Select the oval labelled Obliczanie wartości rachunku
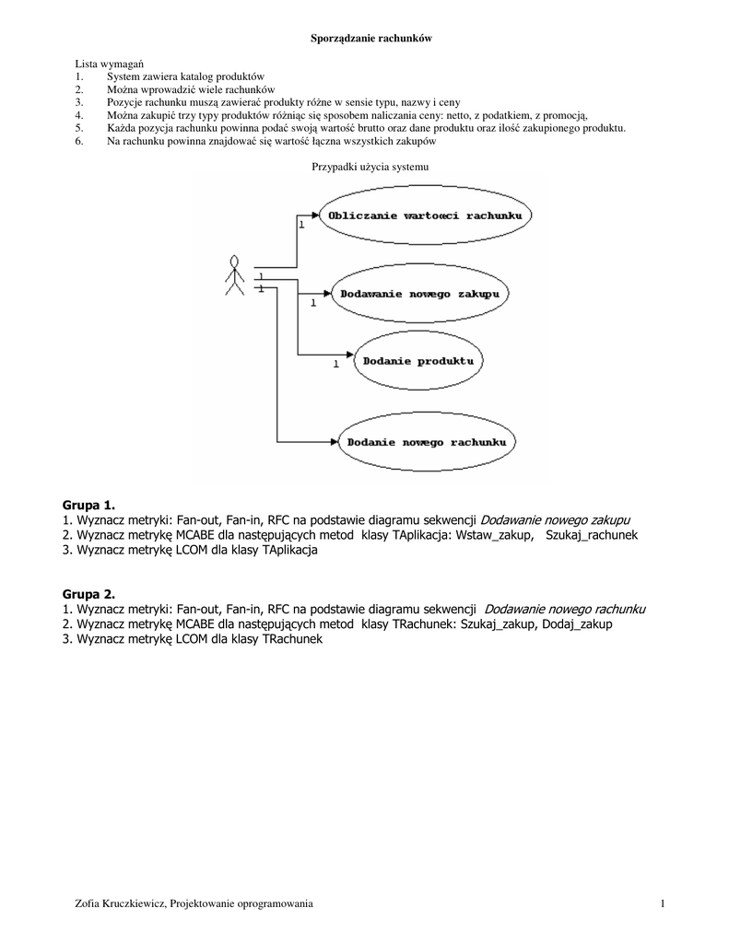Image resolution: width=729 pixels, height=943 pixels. click(423, 215)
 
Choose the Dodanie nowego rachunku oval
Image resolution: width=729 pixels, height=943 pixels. click(426, 442)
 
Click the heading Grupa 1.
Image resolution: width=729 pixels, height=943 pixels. click(88, 505)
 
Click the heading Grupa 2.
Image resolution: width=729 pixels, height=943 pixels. click(88, 595)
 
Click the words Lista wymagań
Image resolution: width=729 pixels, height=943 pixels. click(102, 62)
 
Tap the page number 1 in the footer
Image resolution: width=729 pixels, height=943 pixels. click(662, 904)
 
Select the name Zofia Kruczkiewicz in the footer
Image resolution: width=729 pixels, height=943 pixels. click(119, 904)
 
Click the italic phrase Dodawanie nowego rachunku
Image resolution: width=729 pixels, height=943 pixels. click(564, 609)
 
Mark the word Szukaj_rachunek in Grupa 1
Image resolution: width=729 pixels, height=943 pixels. click(591, 534)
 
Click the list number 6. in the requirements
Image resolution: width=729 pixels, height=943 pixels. click(79, 141)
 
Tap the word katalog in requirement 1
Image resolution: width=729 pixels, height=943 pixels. click(189, 76)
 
